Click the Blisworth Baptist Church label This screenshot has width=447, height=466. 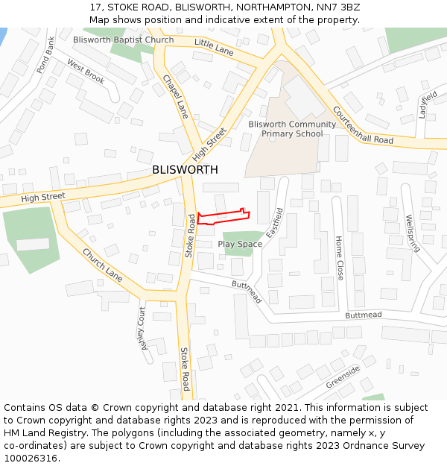(x=123, y=40)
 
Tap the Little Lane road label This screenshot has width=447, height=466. (x=214, y=47)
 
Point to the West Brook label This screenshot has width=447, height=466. (x=86, y=72)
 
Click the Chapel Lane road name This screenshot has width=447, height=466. (x=177, y=95)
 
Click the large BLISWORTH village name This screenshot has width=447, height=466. (x=185, y=170)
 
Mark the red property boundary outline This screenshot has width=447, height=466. (x=223, y=216)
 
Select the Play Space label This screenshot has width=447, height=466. (x=240, y=245)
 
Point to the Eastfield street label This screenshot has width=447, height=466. (x=275, y=222)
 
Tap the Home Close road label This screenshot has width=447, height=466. (x=339, y=258)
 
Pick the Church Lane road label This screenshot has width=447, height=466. (x=103, y=264)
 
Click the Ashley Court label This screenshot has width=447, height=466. (x=144, y=327)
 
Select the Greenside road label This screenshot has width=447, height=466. (x=343, y=377)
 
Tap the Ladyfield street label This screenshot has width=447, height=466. (x=428, y=105)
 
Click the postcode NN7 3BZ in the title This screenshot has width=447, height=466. (x=340, y=7)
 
